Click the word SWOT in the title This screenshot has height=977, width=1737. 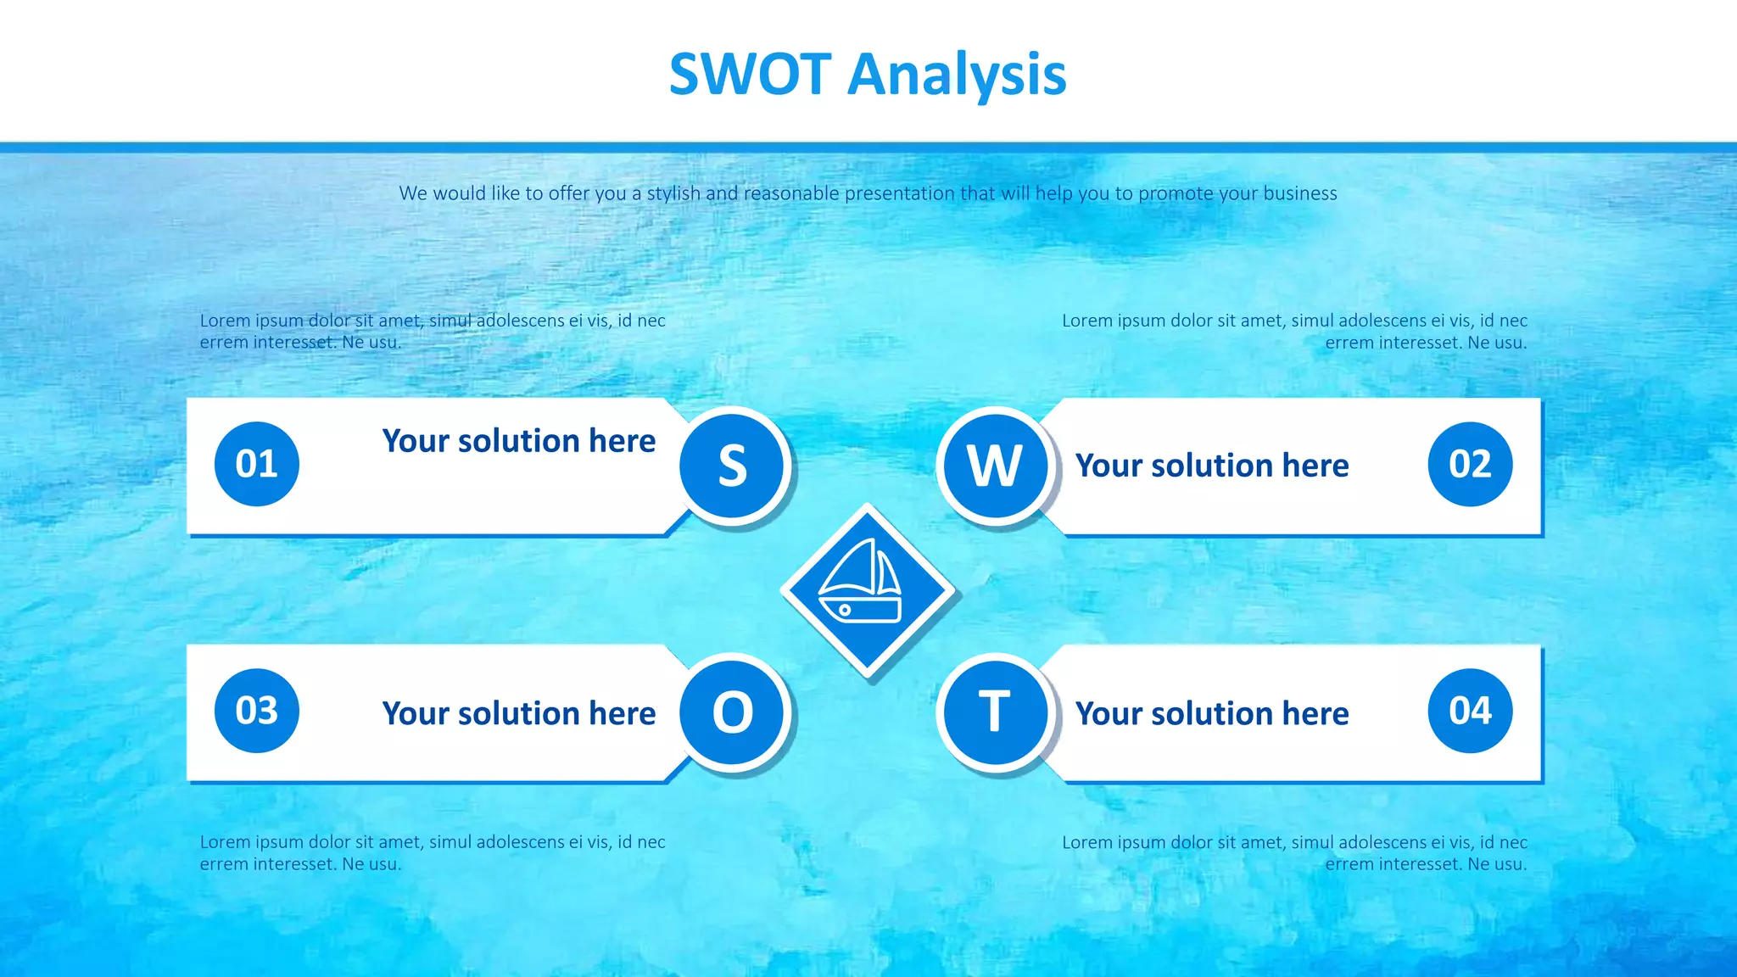click(x=750, y=75)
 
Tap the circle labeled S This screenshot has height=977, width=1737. click(x=733, y=465)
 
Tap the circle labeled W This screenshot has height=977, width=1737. click(x=995, y=465)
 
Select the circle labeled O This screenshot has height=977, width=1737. click(x=733, y=712)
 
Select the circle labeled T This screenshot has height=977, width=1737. click(x=995, y=712)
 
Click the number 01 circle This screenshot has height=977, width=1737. click(x=256, y=464)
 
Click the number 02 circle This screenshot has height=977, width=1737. click(x=1470, y=464)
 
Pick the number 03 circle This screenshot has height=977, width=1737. click(x=256, y=711)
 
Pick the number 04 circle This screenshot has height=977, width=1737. click(x=1470, y=711)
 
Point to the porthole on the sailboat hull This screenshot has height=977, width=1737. click(x=845, y=610)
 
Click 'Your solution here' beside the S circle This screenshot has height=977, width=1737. click(x=518, y=441)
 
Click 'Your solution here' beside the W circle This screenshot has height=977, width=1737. click(x=1211, y=466)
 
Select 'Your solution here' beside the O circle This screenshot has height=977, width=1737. click(x=518, y=713)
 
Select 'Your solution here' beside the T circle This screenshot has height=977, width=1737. click(x=1211, y=713)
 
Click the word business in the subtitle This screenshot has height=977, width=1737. click(x=1299, y=193)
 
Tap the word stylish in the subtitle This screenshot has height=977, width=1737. click(x=673, y=193)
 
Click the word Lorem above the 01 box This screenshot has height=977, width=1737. click(x=225, y=321)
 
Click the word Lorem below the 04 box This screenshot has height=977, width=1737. click(x=1086, y=842)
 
